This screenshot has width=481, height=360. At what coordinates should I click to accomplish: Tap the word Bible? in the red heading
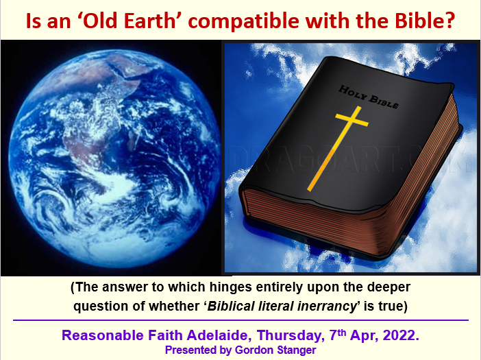[x=424, y=21]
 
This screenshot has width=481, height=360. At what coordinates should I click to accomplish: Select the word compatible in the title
[x=243, y=21]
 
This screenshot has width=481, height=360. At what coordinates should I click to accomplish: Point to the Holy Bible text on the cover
[x=369, y=97]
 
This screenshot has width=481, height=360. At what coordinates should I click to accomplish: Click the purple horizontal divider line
[x=241, y=320]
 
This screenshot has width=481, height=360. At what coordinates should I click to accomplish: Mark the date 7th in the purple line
[x=338, y=335]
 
